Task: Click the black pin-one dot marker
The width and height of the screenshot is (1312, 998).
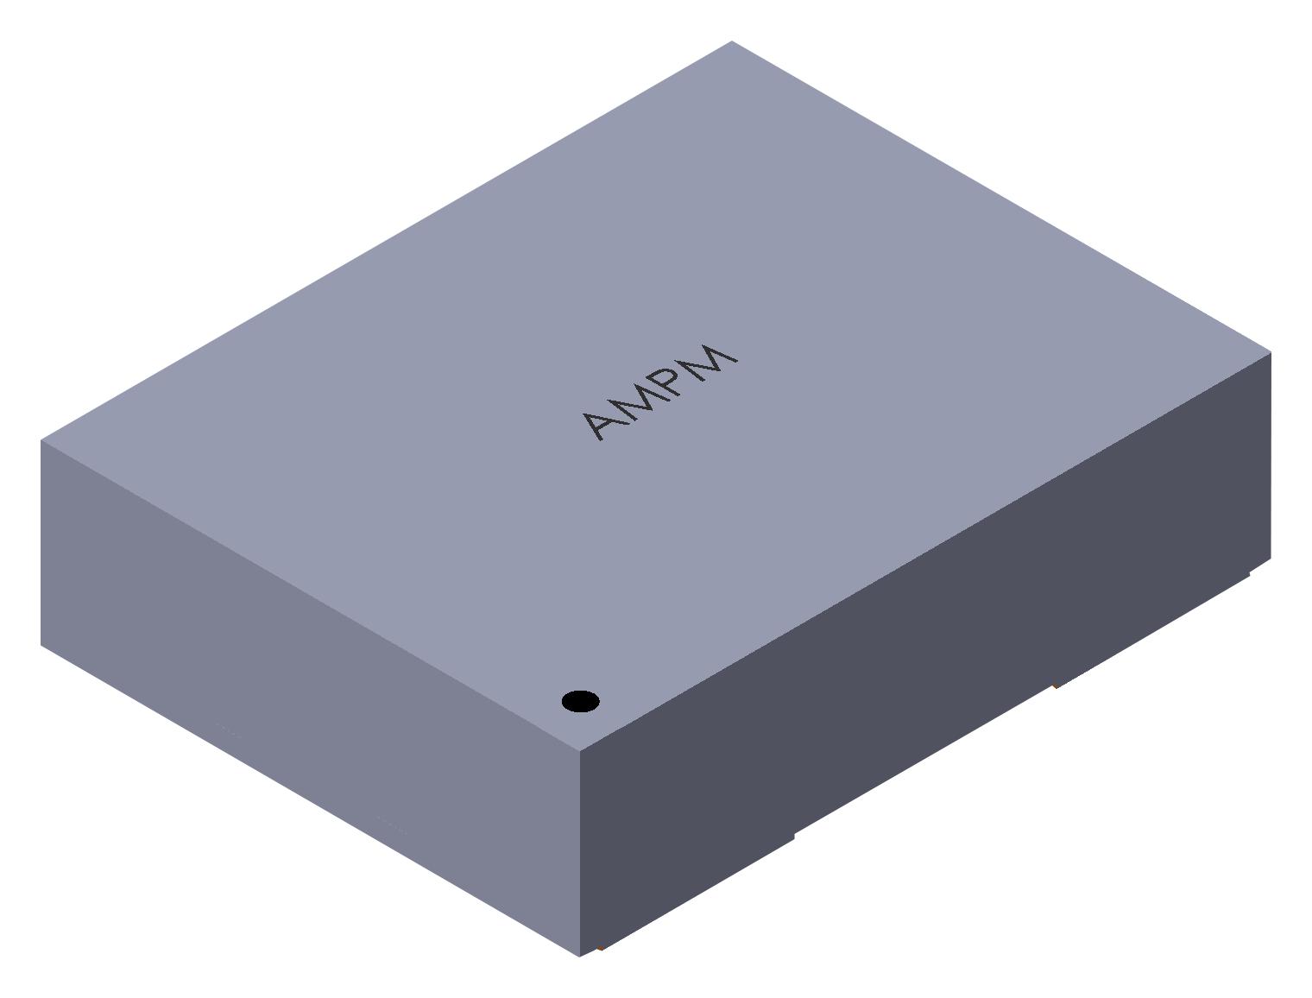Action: (x=580, y=701)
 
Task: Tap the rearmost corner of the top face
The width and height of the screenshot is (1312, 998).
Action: (x=732, y=41)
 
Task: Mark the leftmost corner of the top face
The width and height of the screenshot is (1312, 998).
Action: (x=41, y=440)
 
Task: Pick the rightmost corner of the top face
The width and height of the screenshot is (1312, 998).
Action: (x=1271, y=351)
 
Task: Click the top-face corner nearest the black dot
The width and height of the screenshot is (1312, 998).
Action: (x=580, y=750)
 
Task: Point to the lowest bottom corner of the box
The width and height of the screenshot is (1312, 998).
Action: (x=579, y=956)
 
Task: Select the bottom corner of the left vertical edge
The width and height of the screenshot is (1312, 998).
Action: (x=41, y=644)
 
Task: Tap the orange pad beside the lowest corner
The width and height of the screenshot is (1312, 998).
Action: (x=600, y=948)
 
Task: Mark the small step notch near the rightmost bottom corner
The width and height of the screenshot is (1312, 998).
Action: (x=1250, y=572)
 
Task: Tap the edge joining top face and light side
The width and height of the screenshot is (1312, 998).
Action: (x=311, y=596)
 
